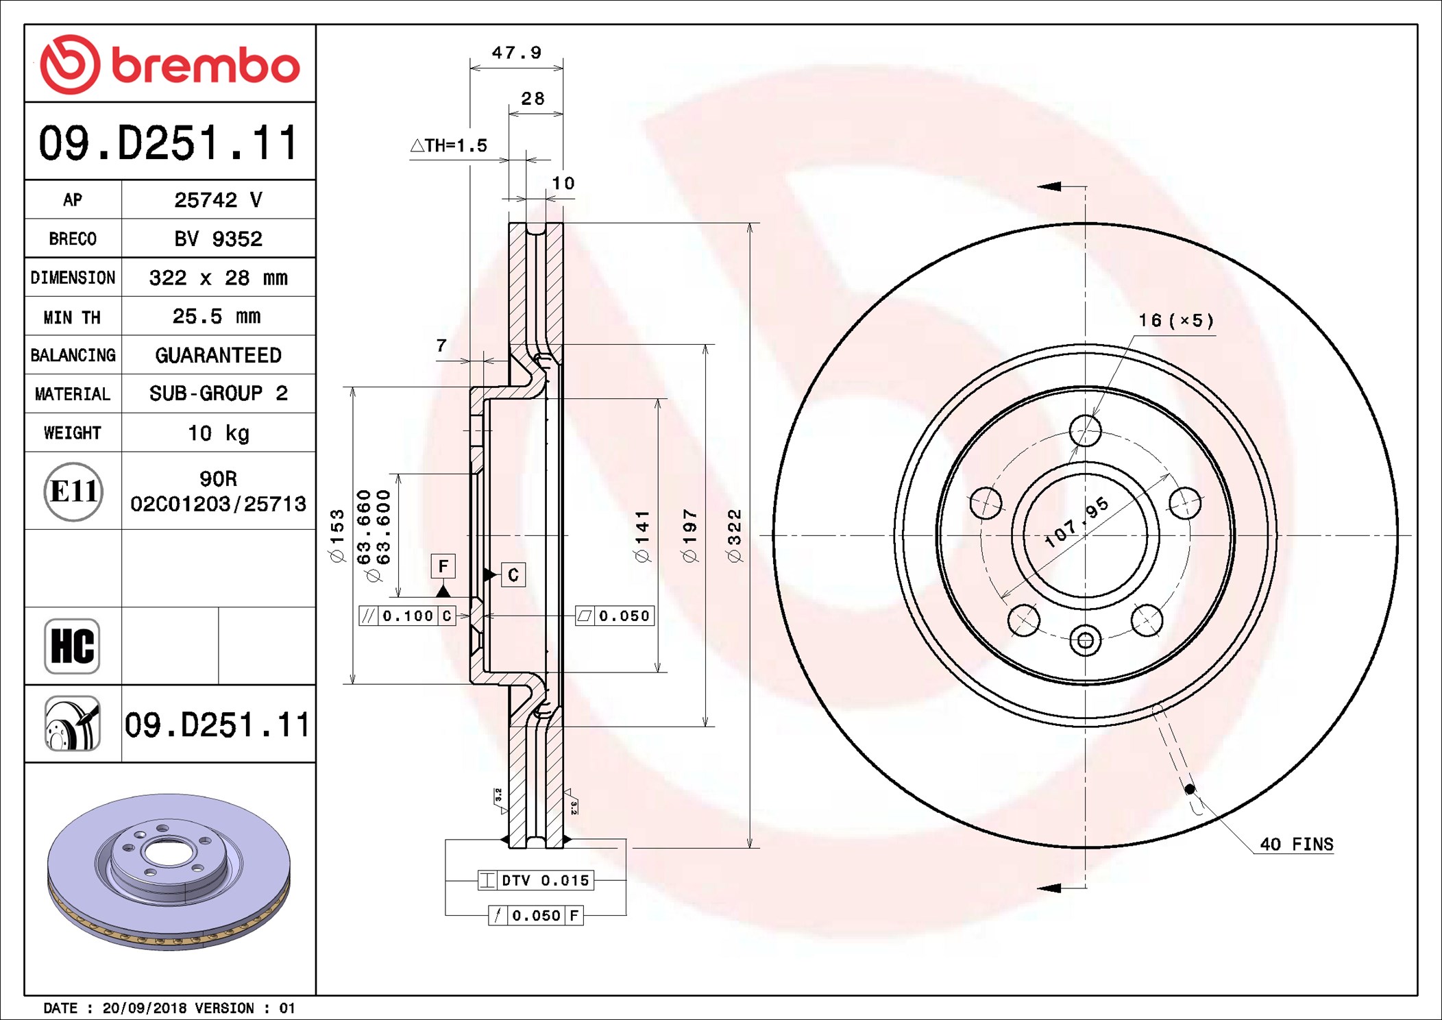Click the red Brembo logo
click(x=169, y=64)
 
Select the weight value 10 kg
click(x=218, y=433)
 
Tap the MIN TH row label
click(x=72, y=317)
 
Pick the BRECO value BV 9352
click(x=218, y=239)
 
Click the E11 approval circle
click(x=73, y=491)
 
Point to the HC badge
click(x=72, y=646)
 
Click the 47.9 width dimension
click(x=516, y=53)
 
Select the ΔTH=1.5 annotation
click(x=449, y=146)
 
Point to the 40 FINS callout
click(x=1296, y=845)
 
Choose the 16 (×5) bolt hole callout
click(x=1176, y=321)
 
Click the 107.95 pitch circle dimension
click(x=1076, y=522)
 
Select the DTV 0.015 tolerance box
click(x=536, y=881)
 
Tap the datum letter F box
click(x=443, y=566)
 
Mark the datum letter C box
click(x=513, y=575)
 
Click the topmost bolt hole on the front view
click(x=1085, y=431)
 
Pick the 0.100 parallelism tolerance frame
click(x=407, y=616)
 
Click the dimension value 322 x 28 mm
click(x=218, y=278)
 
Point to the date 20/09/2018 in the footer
click(x=144, y=1008)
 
